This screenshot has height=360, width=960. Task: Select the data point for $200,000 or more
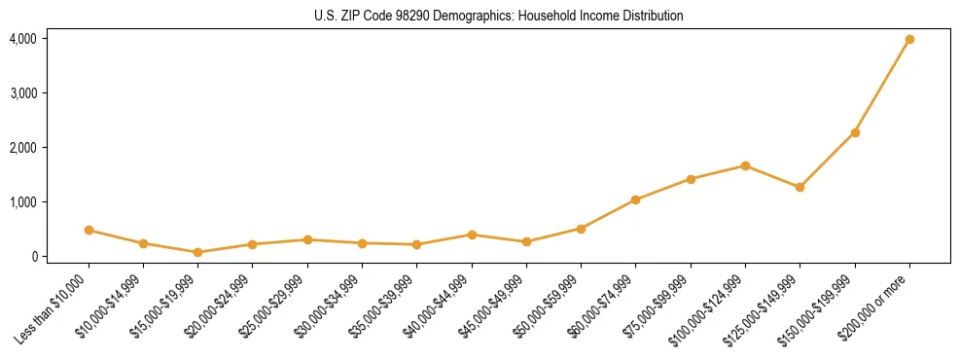[x=909, y=40]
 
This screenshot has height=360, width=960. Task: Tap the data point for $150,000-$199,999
[x=855, y=132]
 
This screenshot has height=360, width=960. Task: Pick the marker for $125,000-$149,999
[x=800, y=187]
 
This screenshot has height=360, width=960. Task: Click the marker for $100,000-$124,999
[x=745, y=165]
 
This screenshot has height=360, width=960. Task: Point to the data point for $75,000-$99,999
[x=691, y=179]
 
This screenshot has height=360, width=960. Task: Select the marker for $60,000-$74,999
[x=635, y=199]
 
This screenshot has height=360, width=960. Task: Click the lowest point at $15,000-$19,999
[x=197, y=252]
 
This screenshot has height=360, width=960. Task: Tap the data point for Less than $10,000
[x=89, y=231]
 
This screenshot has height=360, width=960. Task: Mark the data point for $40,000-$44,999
[x=472, y=234]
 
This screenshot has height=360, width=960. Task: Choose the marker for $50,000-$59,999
[x=581, y=229]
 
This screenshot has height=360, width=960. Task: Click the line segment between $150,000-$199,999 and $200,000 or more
[x=882, y=87]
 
